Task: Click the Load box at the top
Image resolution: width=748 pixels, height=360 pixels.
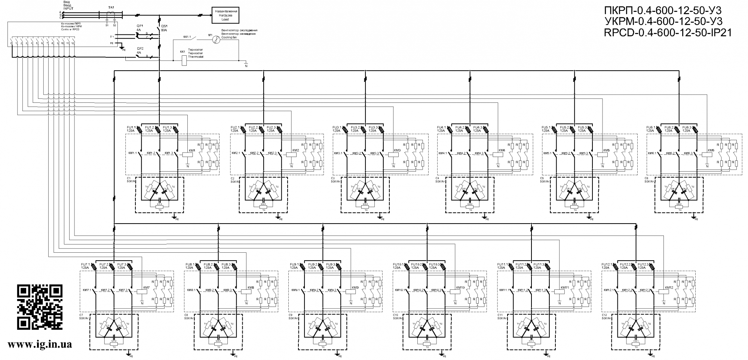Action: coord(226,15)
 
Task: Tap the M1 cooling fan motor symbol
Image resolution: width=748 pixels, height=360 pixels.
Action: coord(215,41)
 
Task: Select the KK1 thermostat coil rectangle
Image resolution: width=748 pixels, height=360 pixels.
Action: coord(184,60)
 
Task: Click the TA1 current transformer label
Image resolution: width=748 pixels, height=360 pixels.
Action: coord(111,7)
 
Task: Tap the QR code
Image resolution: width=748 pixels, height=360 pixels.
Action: coord(40,307)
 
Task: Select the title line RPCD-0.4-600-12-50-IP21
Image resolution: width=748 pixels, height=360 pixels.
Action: coord(668,33)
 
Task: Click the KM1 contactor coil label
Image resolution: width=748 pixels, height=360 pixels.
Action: coord(192,150)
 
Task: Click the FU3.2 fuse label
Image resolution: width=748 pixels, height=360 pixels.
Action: coord(355,127)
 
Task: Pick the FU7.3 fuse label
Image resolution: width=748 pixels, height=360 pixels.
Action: coord(122,265)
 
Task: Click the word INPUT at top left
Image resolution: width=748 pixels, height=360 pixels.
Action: coord(68,8)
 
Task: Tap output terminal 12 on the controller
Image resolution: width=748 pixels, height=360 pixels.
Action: coord(73,43)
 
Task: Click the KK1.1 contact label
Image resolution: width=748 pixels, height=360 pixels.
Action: coord(187,37)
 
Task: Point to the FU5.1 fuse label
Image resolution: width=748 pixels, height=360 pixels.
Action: coord(546,127)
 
